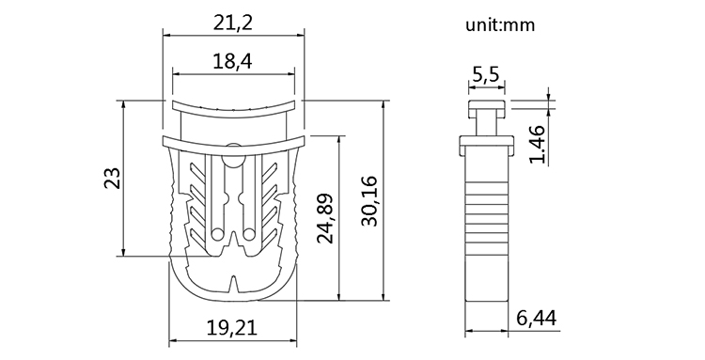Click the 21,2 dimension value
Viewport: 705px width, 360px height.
pos(233,23)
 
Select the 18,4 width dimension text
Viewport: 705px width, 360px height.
pos(232,61)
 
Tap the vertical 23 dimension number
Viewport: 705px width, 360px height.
pos(113,178)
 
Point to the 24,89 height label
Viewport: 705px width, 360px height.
pos(325,218)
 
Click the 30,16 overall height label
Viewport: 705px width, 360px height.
pos(370,201)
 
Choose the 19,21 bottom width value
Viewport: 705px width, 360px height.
pos(232,328)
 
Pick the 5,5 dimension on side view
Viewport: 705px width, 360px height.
pos(486,74)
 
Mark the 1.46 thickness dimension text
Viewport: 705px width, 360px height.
pos(537,145)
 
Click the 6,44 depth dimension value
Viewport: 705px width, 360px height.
pos(537,319)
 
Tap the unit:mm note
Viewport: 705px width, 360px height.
pos(500,24)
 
